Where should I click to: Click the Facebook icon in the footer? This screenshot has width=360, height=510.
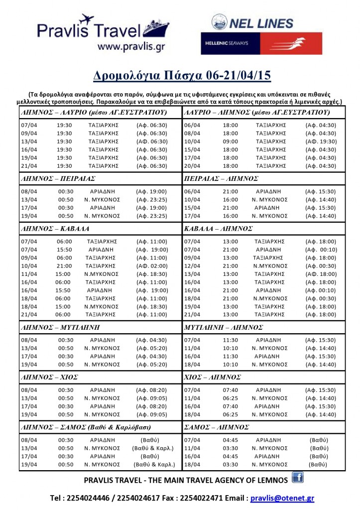point(298,478)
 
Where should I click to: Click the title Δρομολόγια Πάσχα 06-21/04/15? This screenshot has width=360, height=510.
point(182,75)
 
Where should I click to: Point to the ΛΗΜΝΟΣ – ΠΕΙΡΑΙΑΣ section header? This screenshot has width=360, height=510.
point(58,177)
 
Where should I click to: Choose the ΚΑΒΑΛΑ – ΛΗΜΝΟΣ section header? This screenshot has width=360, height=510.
point(218,229)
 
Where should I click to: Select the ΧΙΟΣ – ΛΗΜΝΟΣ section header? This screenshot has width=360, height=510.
point(213,377)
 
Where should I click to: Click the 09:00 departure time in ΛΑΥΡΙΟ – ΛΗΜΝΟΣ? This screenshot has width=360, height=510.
point(230,141)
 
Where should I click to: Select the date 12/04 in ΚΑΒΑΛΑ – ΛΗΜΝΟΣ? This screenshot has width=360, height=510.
point(192,266)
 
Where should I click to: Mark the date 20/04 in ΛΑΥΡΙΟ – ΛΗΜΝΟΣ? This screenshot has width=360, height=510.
point(192,166)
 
